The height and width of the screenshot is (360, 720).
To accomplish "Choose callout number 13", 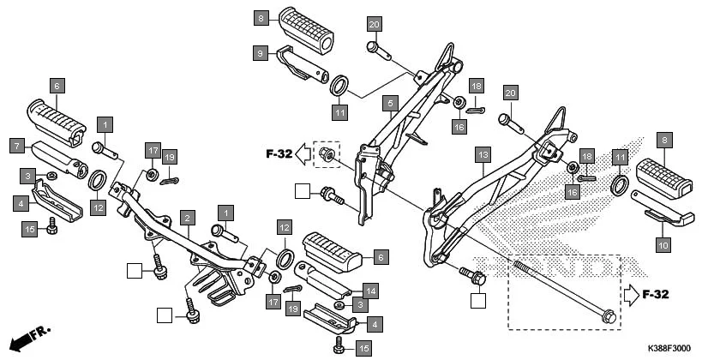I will click(483, 154).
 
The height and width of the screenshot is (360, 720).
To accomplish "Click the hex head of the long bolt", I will click(607, 315).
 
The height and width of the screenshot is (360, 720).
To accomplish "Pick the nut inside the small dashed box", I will click(326, 154).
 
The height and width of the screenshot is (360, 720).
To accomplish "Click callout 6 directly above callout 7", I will click(57, 86).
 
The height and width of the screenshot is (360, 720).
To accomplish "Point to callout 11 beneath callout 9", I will click(339, 112).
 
